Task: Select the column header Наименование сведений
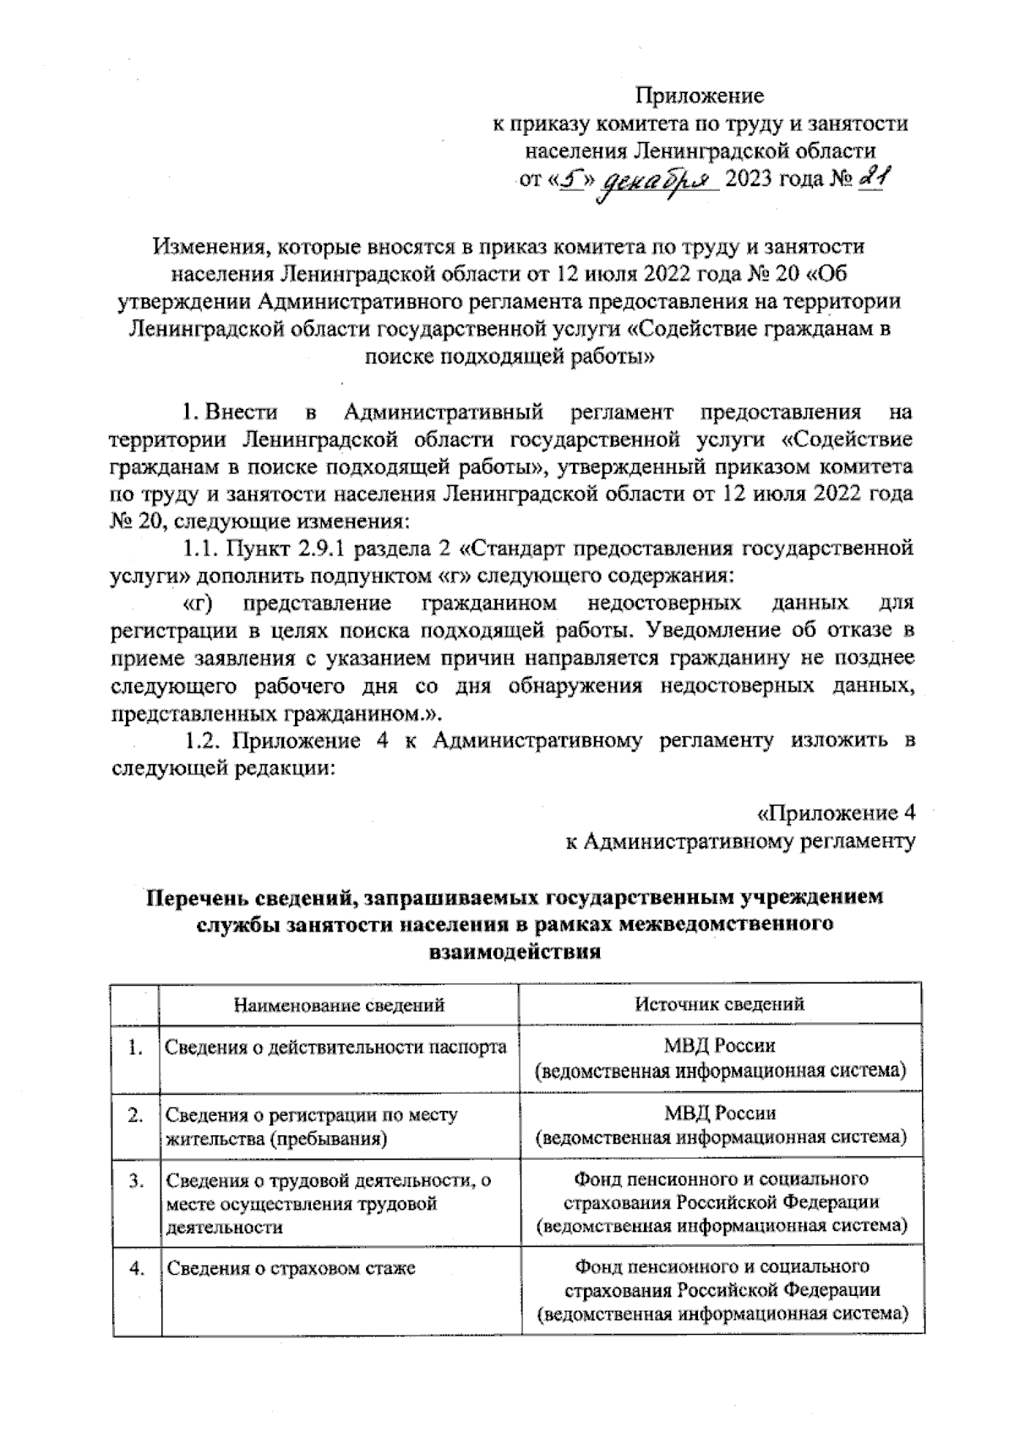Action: pos(339,1005)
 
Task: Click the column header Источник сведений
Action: pos(719,1003)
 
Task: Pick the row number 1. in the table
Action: pos(135,1049)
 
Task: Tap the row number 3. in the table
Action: pos(135,1180)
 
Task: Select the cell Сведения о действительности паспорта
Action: pos(335,1048)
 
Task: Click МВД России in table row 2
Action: pos(719,1113)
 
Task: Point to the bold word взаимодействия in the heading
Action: pos(515,953)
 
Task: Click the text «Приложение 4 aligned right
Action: pos(835,814)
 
